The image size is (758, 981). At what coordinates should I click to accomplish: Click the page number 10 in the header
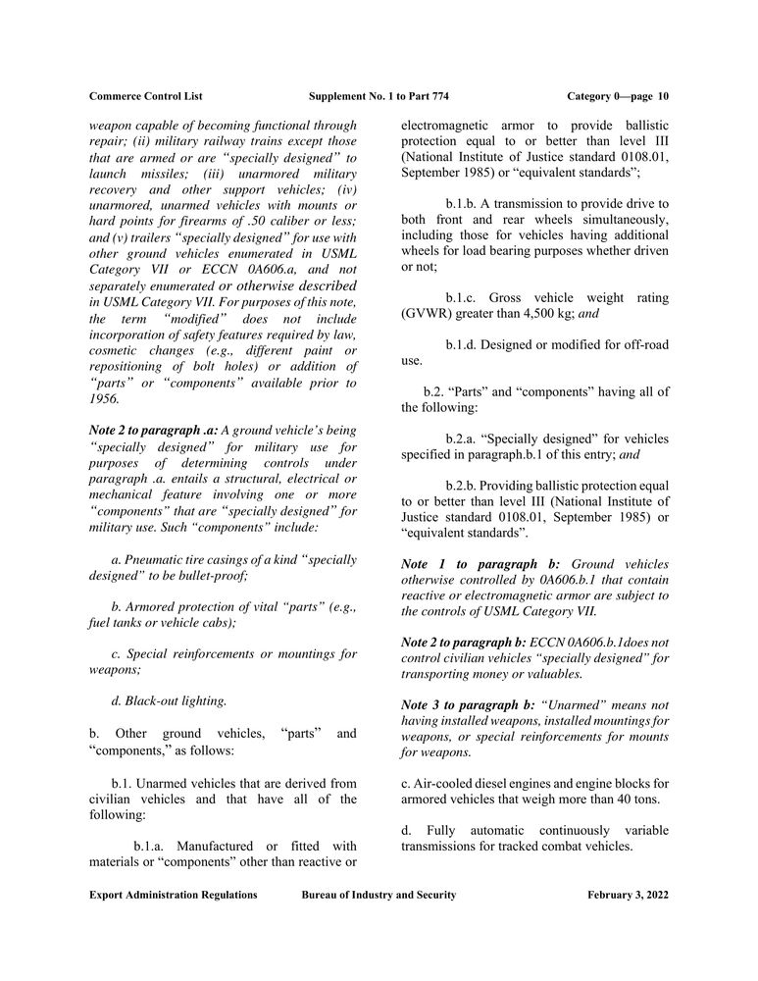click(663, 96)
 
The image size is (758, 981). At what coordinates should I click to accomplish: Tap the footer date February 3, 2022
click(628, 895)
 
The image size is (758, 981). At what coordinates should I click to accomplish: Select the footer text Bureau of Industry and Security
click(379, 895)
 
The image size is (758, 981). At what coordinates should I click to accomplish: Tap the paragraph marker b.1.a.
click(153, 845)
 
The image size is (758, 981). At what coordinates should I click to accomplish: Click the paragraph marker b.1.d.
click(465, 345)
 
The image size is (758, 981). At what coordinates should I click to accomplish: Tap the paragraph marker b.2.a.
click(465, 439)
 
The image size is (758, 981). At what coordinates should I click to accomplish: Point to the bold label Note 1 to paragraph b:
click(480, 564)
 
